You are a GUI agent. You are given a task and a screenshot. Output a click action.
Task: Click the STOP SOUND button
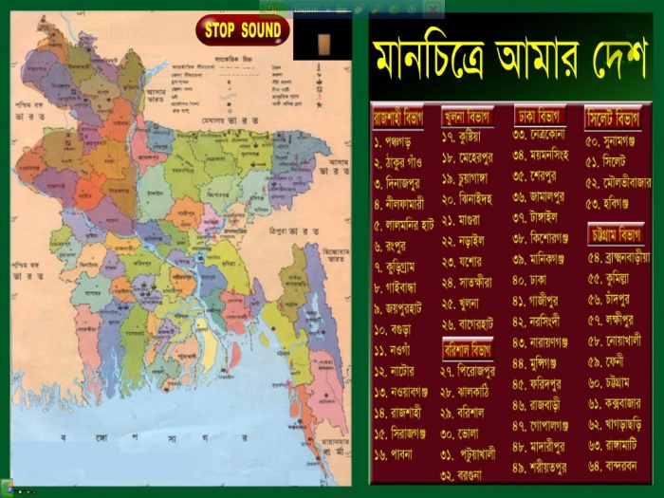pos(243,30)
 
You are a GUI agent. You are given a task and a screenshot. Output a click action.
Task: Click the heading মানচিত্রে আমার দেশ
pos(510,60)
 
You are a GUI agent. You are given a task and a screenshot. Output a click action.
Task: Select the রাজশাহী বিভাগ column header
pos(398,118)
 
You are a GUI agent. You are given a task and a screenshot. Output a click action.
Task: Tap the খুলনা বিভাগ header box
pos(467,118)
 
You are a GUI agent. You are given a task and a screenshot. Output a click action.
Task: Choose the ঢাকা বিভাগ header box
pos(540,116)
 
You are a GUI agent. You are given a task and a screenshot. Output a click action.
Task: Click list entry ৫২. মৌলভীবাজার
pos(621,181)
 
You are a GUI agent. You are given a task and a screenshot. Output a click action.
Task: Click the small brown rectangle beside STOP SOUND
pos(324,42)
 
